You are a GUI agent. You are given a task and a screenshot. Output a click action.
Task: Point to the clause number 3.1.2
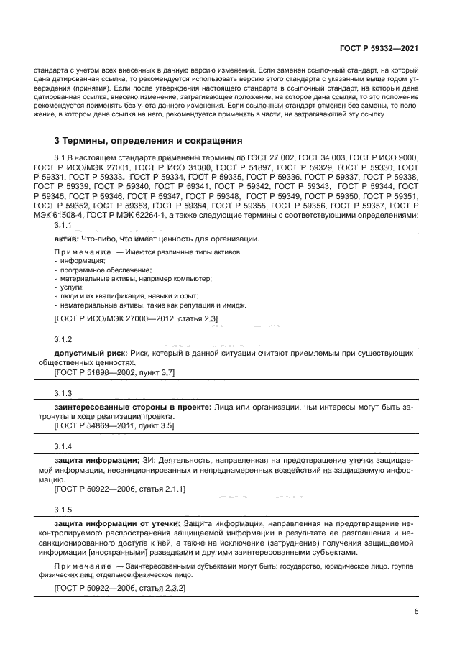click(x=65, y=338)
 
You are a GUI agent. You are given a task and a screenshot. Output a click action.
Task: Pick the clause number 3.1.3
click(x=65, y=393)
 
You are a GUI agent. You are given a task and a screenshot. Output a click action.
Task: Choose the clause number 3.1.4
click(x=65, y=446)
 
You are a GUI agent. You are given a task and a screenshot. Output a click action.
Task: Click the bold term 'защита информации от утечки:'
click(x=118, y=524)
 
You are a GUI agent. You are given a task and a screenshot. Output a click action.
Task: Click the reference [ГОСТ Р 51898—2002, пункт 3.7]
click(x=115, y=372)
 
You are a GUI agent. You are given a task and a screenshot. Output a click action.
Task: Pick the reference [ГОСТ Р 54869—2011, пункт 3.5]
click(x=115, y=425)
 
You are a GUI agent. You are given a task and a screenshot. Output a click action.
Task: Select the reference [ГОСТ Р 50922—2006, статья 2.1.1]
click(x=120, y=489)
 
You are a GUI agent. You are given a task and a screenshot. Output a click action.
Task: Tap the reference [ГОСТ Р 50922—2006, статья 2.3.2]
click(x=120, y=588)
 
